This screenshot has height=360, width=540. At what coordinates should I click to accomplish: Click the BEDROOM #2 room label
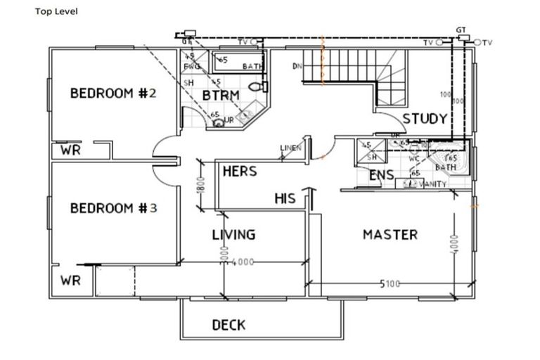tap(112, 94)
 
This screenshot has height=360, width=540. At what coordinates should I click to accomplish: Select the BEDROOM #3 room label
tap(112, 208)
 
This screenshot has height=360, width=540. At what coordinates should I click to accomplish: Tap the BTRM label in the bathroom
tap(221, 95)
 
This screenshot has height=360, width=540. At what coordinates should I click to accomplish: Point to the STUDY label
tap(425, 118)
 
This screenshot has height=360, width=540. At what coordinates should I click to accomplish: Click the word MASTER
tap(390, 234)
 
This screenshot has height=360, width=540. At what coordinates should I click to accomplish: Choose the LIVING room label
tap(233, 234)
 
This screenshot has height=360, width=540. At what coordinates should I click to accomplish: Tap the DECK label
tap(229, 324)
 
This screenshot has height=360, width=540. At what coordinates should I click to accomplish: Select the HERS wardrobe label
tap(239, 171)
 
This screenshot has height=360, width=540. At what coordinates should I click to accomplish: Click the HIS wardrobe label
tap(285, 199)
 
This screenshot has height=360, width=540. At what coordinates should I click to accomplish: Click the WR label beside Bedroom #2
tap(70, 150)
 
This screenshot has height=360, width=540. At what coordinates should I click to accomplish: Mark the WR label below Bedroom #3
tap(70, 280)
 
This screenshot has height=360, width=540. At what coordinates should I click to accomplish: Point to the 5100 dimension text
tap(390, 284)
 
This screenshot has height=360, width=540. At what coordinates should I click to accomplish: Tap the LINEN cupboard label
tap(290, 148)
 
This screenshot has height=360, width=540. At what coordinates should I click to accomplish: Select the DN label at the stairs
tap(297, 67)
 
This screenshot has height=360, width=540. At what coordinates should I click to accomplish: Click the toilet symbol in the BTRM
tap(263, 86)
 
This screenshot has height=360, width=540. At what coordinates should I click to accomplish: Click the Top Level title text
tap(57, 11)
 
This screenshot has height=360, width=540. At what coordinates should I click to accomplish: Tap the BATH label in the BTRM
tap(252, 67)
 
